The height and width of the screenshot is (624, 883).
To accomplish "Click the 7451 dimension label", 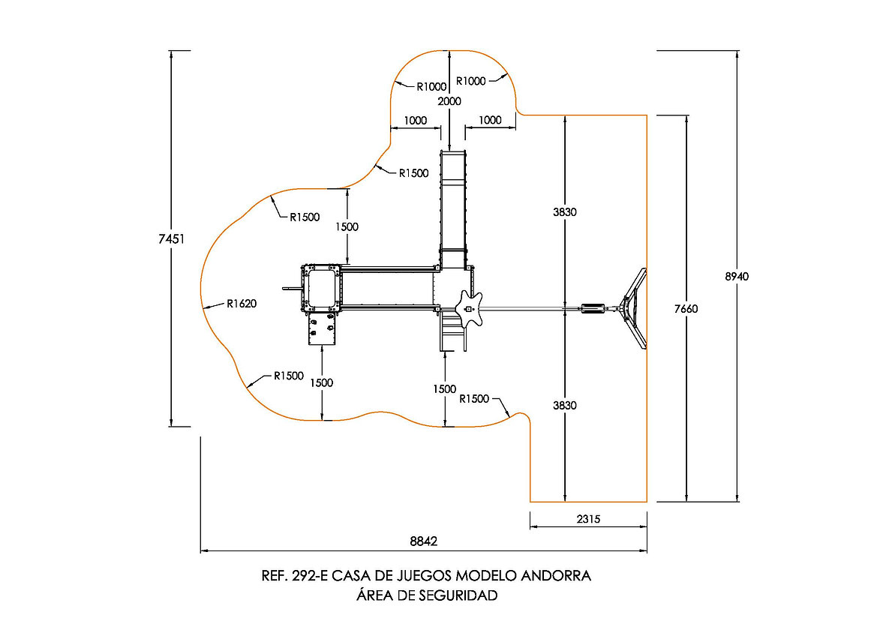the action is (171, 238).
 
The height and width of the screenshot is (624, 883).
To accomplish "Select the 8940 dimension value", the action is (737, 277).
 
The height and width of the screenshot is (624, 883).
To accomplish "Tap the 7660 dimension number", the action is (686, 308).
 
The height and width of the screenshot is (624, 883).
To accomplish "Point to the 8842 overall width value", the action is (423, 541).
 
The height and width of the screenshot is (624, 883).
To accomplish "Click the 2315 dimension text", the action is (588, 519).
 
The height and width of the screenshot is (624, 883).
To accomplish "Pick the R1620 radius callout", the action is (242, 304).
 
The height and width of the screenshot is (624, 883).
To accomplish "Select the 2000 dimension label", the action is (449, 101).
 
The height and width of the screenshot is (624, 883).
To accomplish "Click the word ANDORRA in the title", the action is (556, 575).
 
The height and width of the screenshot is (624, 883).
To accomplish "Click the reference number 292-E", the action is (310, 575).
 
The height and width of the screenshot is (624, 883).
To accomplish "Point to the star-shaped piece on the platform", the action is (469, 308).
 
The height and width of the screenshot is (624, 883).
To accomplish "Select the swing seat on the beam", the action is (593, 308).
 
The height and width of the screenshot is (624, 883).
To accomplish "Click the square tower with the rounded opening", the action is (322, 288).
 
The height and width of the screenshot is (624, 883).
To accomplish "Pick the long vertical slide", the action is (453, 208).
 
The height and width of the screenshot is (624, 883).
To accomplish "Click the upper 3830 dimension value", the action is (564, 212).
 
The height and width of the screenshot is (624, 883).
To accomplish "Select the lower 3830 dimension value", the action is (564, 406).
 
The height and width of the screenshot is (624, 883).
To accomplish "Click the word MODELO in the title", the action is (485, 575).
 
